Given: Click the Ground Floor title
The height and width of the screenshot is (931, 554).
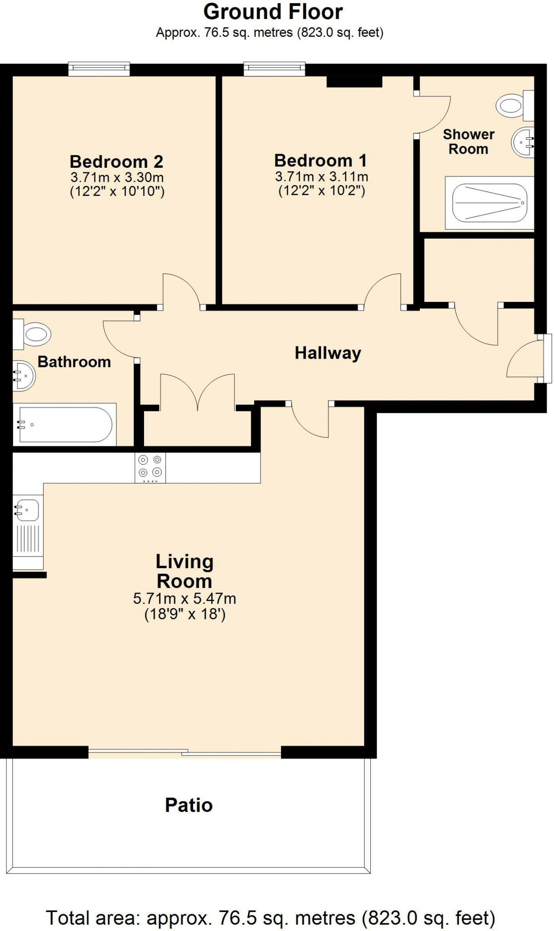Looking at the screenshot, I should tap(273, 12).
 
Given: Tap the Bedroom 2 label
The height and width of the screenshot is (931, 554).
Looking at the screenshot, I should tap(116, 161).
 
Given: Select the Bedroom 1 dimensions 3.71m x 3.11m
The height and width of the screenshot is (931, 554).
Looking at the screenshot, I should tap(321, 176).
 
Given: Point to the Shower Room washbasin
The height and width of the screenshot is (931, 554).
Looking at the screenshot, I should tap(523, 143).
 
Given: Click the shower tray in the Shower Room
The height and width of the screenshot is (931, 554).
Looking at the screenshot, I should tap(489, 203).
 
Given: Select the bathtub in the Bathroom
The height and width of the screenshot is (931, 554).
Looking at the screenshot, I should tap(64, 425).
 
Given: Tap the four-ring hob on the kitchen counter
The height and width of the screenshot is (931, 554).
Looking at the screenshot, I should tap(150, 467).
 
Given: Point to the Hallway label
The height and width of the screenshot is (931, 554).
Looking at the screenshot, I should tap(328, 353).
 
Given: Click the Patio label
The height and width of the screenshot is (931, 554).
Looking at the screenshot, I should tap(189, 805).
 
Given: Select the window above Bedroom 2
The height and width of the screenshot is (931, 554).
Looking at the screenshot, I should tap(99, 69).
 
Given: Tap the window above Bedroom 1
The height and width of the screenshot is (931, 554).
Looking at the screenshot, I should tap(274, 69).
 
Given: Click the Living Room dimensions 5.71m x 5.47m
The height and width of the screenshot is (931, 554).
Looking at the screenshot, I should tap(185, 599).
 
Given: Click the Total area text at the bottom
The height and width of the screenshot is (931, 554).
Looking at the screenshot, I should tap(271, 917).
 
